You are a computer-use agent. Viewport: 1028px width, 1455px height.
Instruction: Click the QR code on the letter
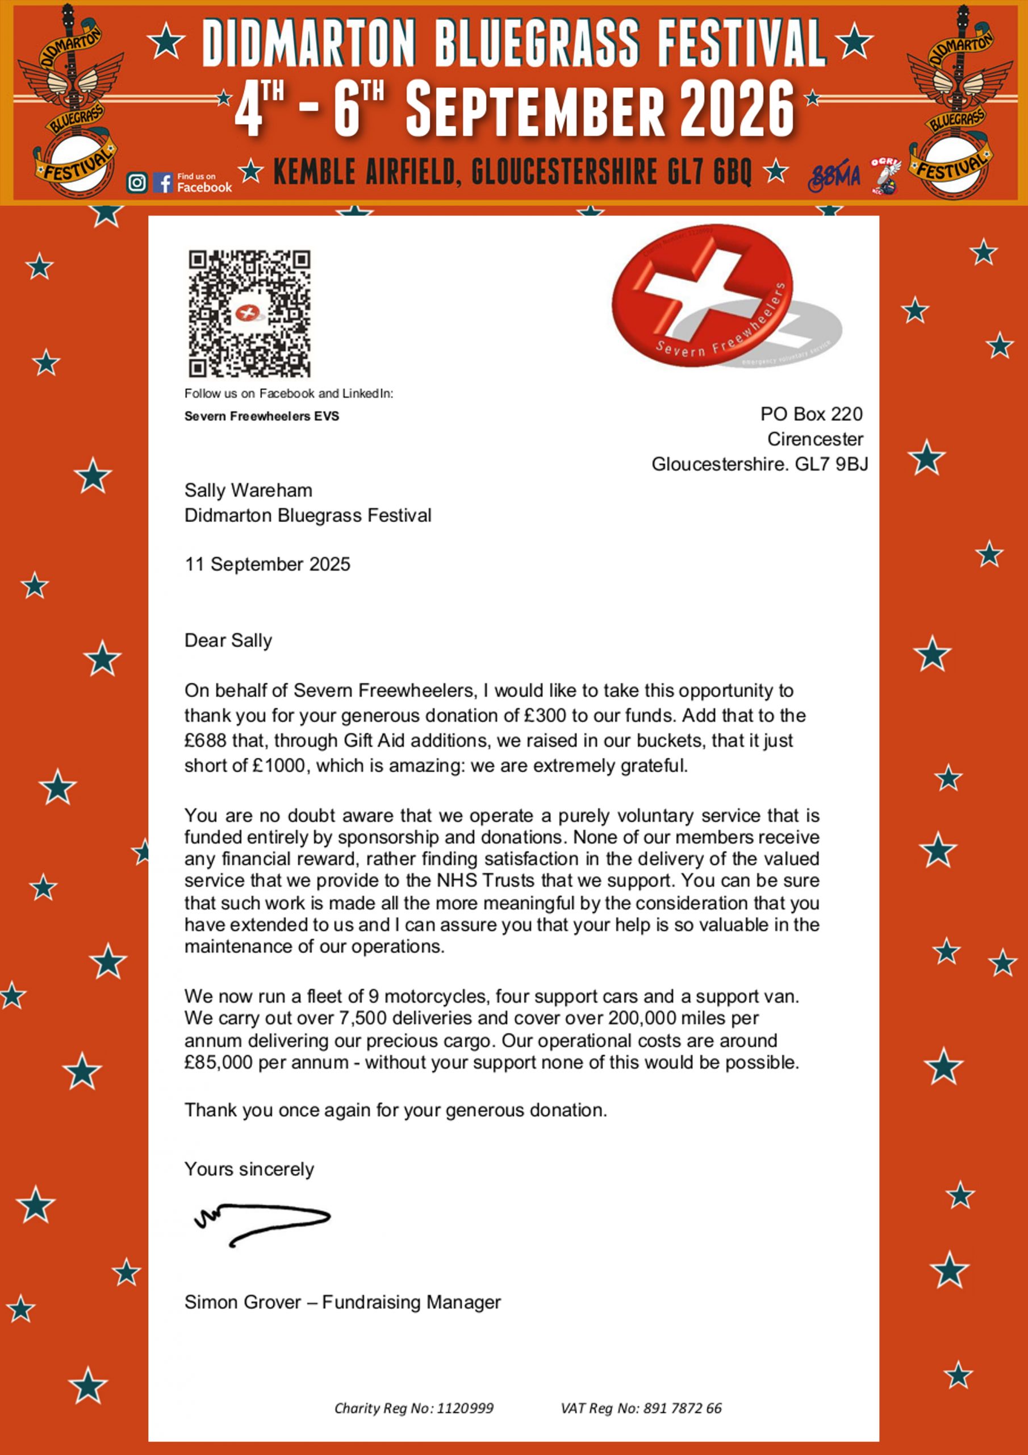coord(249,314)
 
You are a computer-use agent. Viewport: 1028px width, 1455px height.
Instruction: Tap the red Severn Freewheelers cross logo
coord(702,296)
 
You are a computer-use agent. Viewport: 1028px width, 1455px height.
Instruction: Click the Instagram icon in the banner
coord(137,182)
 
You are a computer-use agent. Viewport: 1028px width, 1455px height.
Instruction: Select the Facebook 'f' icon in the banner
coord(163,182)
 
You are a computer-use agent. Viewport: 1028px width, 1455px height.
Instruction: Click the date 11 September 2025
coord(268,564)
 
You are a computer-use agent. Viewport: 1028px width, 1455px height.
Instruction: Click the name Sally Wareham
coord(248,490)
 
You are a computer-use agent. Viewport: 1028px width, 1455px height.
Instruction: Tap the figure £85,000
coord(219,1062)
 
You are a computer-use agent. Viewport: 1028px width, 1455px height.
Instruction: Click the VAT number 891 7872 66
coord(682,1408)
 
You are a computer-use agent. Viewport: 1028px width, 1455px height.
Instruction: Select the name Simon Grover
coord(243,1302)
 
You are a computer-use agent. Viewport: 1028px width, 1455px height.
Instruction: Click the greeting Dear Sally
coord(228,641)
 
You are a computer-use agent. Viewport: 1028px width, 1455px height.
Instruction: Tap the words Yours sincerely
coord(249,1169)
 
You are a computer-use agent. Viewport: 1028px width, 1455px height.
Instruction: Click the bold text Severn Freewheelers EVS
coord(262,417)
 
